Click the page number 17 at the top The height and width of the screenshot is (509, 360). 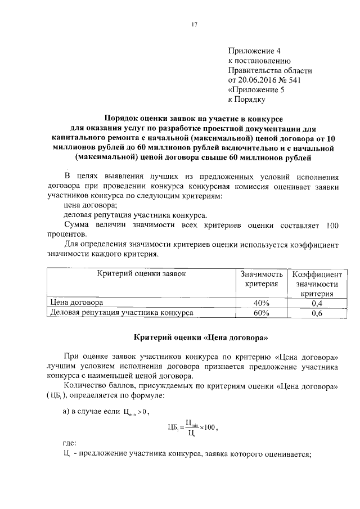click(x=195, y=24)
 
